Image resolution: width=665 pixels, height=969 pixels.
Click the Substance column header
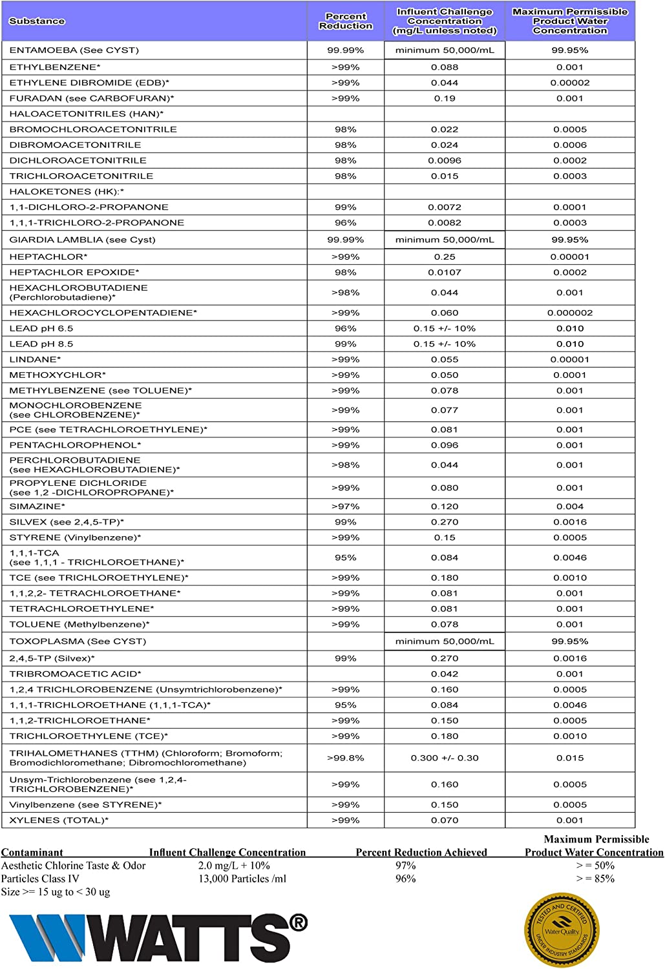pos(37,21)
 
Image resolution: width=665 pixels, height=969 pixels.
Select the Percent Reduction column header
pos(346,21)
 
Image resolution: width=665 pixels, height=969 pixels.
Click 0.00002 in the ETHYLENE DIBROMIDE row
pos(570,83)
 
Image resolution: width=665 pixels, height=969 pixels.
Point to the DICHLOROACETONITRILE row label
pos(78,160)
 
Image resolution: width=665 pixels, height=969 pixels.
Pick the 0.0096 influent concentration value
pos(445,160)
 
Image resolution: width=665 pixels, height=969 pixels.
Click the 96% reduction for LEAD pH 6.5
pos(346,328)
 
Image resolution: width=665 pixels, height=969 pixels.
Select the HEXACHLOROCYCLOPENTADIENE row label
pos(103,313)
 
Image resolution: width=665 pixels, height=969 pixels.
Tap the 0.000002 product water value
pos(570,313)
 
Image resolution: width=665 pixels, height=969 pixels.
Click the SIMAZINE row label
pos(37,506)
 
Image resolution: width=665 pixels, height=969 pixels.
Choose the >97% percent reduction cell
pos(346,506)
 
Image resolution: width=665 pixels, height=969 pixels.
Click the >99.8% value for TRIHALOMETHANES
pos(346,758)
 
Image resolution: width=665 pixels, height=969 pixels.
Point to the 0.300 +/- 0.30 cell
pos(445,758)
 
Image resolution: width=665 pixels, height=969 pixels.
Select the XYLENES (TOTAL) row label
pos(59,820)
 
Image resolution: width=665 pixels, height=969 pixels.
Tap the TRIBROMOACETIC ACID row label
pos(75,674)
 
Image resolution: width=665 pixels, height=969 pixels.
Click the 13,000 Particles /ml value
pos(242,879)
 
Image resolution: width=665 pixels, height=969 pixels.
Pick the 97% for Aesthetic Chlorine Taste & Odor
pos(406,866)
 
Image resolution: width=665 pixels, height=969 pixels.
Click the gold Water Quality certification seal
pos(562,930)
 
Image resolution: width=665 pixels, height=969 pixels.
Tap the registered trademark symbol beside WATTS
pos(298,923)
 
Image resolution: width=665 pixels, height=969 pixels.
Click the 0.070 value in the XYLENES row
pos(445,820)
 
